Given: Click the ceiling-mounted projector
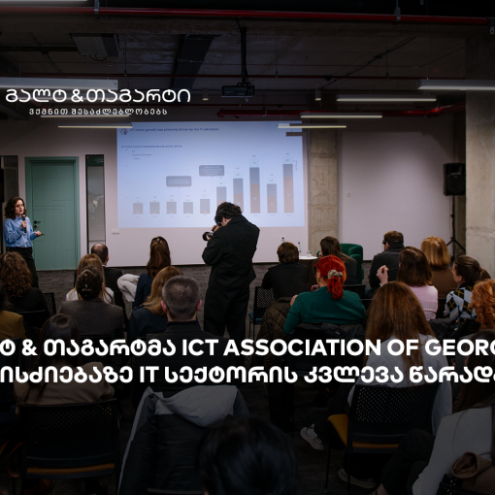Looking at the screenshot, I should point(238,89).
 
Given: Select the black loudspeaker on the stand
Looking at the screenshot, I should point(454,179).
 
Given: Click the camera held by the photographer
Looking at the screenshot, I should point(207,234).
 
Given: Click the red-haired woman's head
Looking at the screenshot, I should point(331,272).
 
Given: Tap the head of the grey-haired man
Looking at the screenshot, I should point(181,296).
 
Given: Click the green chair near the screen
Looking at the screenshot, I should point(353,254).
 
